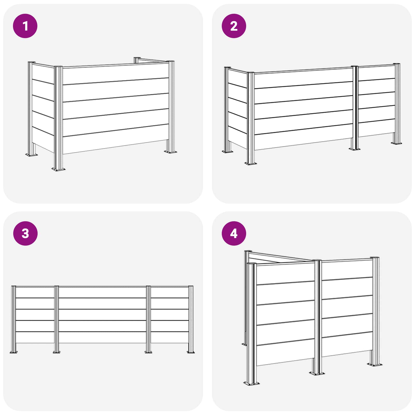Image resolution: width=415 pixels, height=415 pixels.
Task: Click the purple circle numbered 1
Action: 25,26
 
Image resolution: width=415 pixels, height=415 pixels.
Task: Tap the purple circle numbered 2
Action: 234,26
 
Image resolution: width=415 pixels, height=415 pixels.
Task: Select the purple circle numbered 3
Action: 25,233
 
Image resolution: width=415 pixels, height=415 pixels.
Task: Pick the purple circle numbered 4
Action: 234,233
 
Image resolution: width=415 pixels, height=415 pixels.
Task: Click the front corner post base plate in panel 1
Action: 58,169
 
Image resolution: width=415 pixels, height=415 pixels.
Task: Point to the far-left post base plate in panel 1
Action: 31,155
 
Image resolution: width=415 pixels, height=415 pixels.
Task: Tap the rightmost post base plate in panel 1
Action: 170,151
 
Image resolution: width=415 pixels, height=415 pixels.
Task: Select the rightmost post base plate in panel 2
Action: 397,143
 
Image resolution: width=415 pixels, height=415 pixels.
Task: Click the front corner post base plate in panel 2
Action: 251,163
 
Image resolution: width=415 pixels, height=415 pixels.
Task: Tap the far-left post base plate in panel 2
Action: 227,151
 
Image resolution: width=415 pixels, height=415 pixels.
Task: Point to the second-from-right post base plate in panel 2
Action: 355,149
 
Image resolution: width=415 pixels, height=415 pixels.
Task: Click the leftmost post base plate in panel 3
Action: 13,352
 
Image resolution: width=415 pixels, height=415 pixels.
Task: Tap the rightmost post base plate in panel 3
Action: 191,352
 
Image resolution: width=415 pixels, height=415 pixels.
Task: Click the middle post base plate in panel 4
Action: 317,373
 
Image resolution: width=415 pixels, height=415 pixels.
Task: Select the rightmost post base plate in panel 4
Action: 375,364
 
